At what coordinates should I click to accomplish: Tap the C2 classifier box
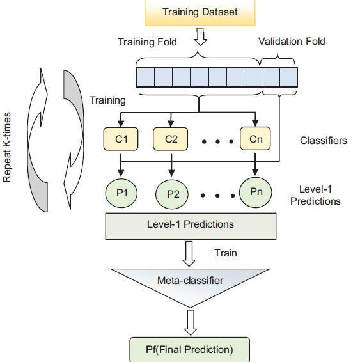[x=171, y=138]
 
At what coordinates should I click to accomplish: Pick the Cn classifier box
[x=256, y=138]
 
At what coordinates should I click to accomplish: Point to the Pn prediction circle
[x=256, y=191]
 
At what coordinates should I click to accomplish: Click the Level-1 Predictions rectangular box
[x=191, y=224]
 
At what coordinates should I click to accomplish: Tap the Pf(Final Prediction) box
[x=190, y=349]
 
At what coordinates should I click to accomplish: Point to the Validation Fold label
[x=292, y=42]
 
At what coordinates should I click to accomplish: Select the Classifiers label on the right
[x=323, y=140]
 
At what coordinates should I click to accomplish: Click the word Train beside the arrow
[x=226, y=253]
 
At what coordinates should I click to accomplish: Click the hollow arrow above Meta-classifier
[x=190, y=252]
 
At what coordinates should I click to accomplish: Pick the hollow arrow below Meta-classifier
[x=190, y=321]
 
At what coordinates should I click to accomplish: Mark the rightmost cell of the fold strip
[x=289, y=77]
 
